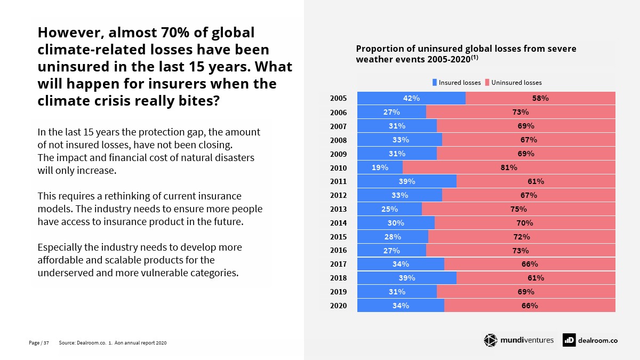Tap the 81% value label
point(509,167)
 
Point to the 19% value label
point(380,167)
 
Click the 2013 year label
point(338,209)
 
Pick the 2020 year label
point(338,306)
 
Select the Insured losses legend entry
point(457,83)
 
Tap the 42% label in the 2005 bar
point(411,98)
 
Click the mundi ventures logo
point(518,340)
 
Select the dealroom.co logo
point(590,340)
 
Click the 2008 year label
point(338,140)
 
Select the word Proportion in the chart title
point(379,49)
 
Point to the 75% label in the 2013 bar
point(518,209)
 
